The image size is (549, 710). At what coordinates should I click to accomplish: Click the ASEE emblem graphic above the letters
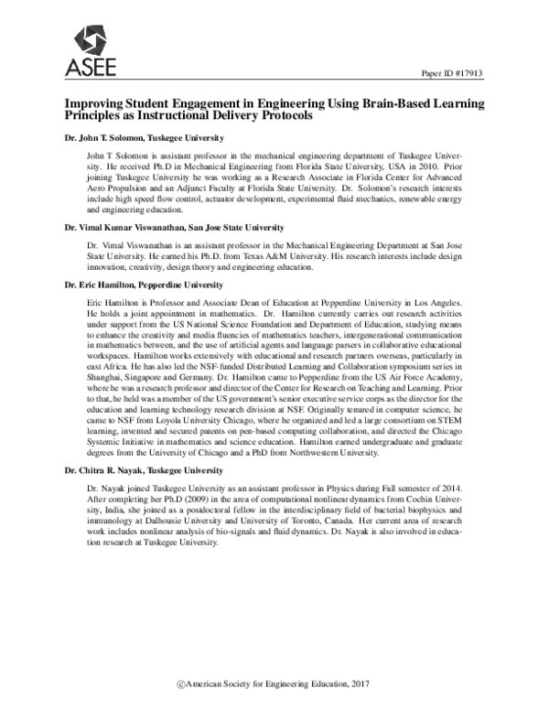tap(89, 38)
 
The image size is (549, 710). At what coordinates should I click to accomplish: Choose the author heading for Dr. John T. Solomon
tap(131, 138)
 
